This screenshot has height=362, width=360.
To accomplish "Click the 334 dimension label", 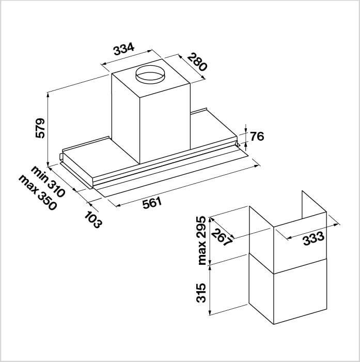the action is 124,49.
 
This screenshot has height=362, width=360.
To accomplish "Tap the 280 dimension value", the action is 197,62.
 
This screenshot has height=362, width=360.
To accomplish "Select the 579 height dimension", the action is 40,128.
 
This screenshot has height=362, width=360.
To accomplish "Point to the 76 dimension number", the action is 257,136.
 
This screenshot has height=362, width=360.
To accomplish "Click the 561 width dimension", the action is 152,203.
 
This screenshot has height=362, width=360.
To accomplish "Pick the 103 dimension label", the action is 93,220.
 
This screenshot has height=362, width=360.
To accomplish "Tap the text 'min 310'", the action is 48,181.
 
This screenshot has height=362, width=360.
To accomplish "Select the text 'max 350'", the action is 38,192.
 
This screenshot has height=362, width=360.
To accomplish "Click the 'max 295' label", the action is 201,240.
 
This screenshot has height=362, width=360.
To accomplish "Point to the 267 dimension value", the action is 222,237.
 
